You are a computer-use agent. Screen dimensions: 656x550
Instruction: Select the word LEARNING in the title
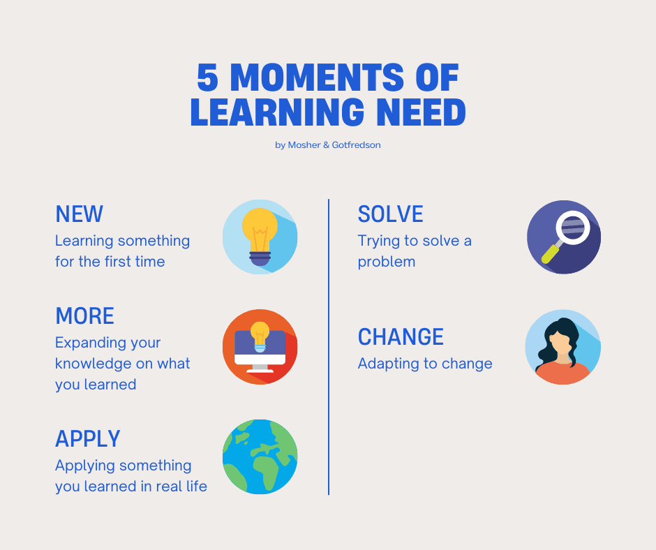(x=277, y=112)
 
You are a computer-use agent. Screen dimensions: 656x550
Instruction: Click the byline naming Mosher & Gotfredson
(x=327, y=144)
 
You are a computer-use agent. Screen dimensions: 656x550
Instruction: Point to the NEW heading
(x=79, y=214)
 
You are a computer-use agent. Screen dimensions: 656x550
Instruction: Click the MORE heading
(x=84, y=315)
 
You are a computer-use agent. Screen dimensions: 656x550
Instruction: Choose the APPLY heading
(x=88, y=438)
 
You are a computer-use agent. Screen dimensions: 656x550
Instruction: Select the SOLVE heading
(x=390, y=214)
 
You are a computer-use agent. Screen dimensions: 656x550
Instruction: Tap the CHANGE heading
(x=401, y=336)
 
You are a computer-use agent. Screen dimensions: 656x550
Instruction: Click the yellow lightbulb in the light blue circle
(x=260, y=237)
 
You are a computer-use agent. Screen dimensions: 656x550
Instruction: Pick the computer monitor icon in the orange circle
(x=260, y=351)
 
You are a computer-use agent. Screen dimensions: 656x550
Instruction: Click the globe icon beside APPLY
(x=260, y=456)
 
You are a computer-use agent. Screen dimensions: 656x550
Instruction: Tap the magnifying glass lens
(x=573, y=228)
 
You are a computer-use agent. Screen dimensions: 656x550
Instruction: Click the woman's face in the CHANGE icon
(x=563, y=344)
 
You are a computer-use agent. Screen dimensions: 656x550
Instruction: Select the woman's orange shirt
(x=562, y=373)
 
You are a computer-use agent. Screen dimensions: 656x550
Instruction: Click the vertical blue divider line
(x=329, y=347)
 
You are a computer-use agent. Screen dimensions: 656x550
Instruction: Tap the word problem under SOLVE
(x=387, y=262)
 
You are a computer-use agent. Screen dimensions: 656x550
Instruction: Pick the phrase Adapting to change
(x=425, y=364)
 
